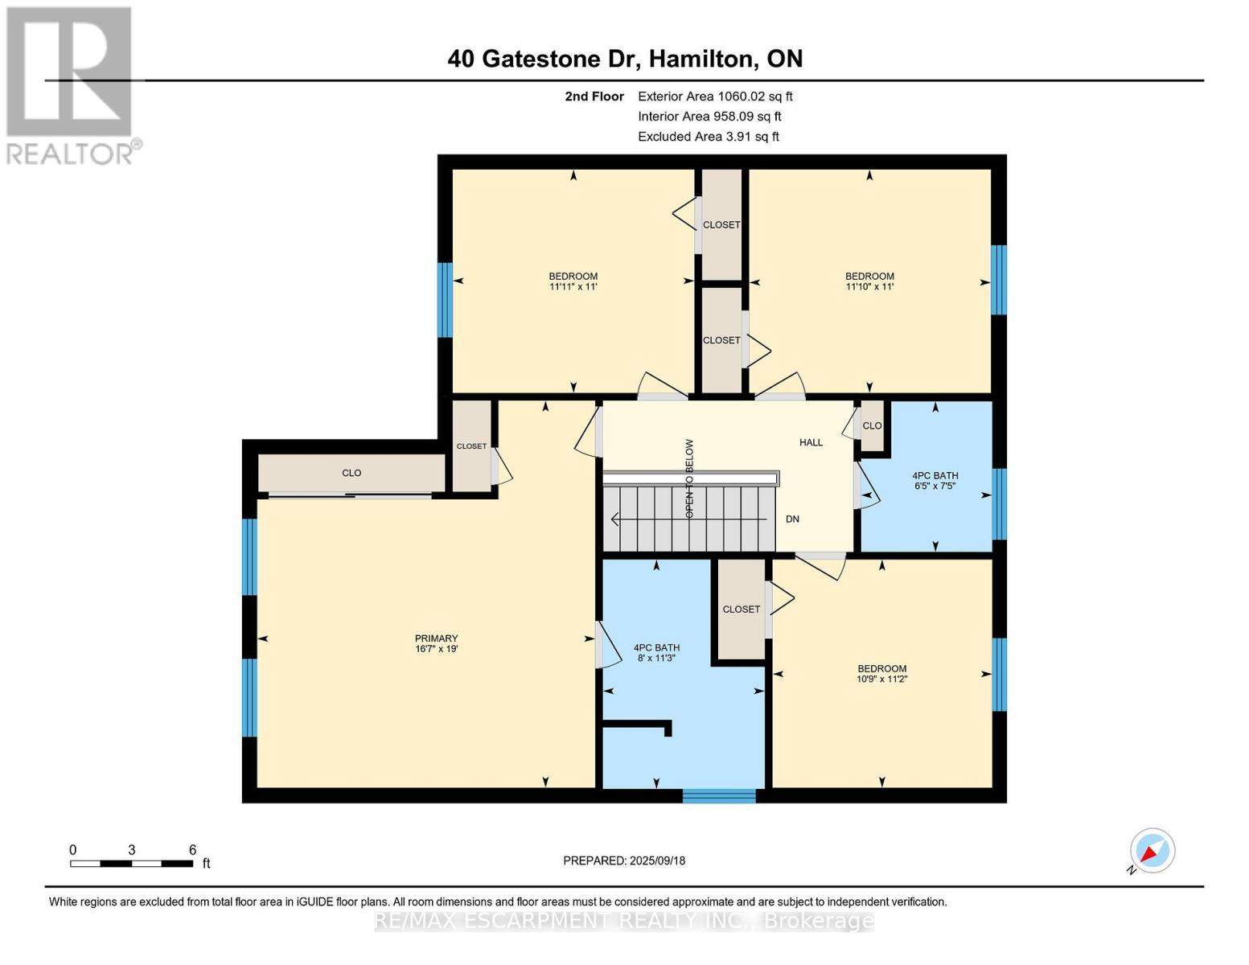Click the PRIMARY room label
tap(436, 638)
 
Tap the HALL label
tap(811, 442)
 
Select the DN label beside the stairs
tap(792, 519)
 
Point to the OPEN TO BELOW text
tap(689, 478)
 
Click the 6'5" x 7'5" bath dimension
tap(935, 486)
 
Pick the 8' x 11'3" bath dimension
tap(655, 658)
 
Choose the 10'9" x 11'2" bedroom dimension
tap(881, 679)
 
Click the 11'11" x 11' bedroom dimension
tap(573, 286)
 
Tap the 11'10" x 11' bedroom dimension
tap(869, 286)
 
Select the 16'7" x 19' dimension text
tap(436, 648)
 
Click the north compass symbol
tap(1152, 851)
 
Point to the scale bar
tap(132, 863)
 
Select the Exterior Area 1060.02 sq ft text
tap(715, 96)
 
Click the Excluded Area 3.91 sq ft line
tap(708, 137)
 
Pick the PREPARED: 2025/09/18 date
tap(624, 860)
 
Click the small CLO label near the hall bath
tap(872, 426)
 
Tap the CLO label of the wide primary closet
tap(351, 473)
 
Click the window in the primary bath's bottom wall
tap(718, 796)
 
